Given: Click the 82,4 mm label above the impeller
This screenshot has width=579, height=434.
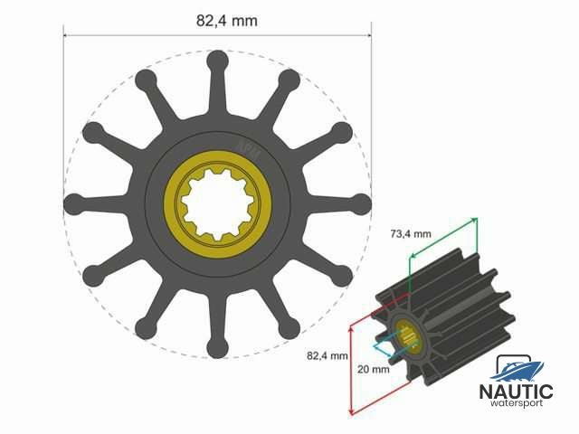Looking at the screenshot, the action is pyautogui.click(x=227, y=21).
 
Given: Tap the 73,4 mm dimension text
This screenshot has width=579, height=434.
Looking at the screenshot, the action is pyautogui.click(x=411, y=233).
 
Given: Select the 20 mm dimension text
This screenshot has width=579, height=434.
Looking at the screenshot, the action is pyautogui.click(x=374, y=369).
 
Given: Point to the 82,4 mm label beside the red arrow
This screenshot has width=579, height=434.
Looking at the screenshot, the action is pyautogui.click(x=327, y=355).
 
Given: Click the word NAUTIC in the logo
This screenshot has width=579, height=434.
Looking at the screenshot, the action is pyautogui.click(x=516, y=392).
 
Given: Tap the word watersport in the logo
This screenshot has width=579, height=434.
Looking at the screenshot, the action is pyautogui.click(x=517, y=402).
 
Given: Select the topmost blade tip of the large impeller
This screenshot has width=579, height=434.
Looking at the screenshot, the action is pyautogui.click(x=218, y=60).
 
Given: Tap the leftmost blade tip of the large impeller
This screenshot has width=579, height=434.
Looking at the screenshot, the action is pyautogui.click(x=74, y=203).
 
